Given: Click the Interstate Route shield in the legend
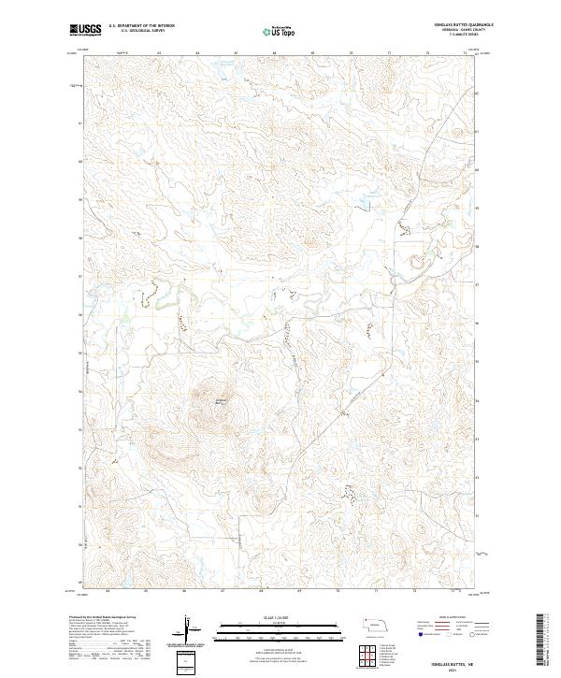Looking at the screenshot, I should point(420,633).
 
